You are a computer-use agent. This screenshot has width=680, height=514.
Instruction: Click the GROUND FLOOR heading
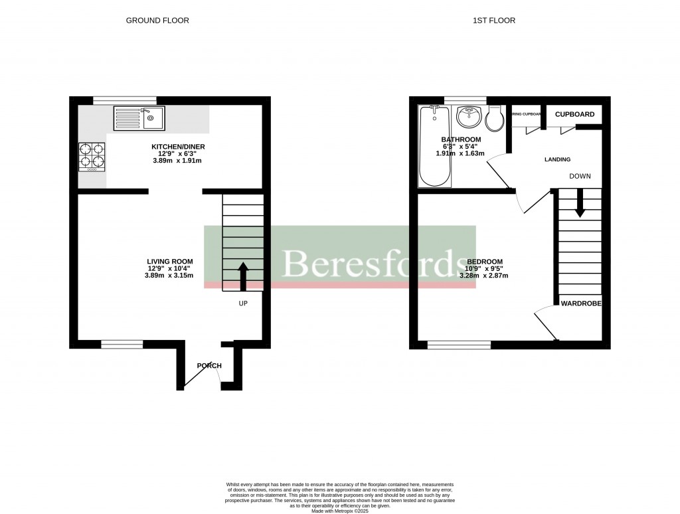[157, 21]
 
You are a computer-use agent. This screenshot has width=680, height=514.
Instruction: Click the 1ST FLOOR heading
[493, 21]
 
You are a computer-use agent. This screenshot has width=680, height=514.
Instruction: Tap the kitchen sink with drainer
[139, 118]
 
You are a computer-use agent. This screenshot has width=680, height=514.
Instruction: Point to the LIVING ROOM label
[170, 261]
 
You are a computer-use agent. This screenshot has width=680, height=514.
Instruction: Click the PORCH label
[209, 366]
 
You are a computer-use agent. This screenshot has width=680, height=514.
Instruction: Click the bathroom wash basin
[471, 117]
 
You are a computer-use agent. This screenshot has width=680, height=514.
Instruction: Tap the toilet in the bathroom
[495, 119]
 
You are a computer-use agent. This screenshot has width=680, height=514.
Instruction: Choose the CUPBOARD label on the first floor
[574, 114]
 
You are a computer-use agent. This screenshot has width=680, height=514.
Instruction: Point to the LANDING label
[557, 159]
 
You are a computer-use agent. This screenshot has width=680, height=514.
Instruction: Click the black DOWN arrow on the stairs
[580, 203]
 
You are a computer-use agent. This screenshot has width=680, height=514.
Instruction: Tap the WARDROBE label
[581, 303]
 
